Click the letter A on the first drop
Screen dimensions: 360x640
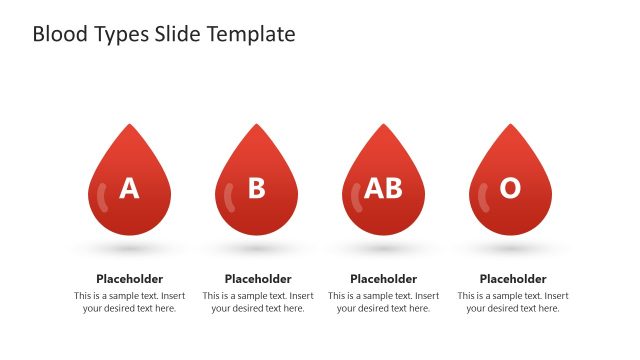pos(129,188)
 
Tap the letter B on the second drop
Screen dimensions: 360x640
pos(257,188)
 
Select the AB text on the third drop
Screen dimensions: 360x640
pos(383,188)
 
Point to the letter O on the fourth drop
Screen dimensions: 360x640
pos(510,188)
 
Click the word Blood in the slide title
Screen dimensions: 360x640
pos(59,34)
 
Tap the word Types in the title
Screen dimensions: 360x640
pos(122,34)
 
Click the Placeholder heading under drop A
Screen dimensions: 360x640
pos(129,279)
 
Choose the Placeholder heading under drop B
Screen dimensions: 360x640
pos(258,279)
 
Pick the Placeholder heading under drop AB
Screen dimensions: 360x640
pos(383,279)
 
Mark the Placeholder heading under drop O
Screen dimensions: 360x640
pos(513,279)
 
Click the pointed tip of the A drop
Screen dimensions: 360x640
pos(129,126)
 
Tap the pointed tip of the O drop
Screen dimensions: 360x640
pos(510,126)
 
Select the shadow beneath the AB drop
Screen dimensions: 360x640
pos(383,247)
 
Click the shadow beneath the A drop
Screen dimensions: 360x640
pos(129,247)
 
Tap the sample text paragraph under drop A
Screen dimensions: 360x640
pos(129,302)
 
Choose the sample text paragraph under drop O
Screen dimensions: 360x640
pos(513,302)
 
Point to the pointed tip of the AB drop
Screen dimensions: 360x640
pos(383,126)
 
